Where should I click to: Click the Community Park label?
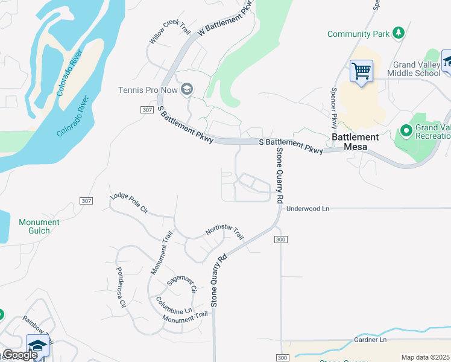(359, 34)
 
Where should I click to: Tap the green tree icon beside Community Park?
(398, 33)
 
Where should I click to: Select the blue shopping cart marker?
(361, 71)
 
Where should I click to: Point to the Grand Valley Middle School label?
(417, 69)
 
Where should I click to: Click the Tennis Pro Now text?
(148, 91)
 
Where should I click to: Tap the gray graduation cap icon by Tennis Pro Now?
(187, 91)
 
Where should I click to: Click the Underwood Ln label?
(308, 209)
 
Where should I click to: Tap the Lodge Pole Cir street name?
(128, 205)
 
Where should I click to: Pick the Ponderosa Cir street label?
(121, 287)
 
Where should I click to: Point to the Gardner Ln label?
(370, 340)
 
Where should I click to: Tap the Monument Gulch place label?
(39, 227)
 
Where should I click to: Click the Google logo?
(19, 355)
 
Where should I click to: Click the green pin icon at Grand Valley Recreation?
(406, 130)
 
